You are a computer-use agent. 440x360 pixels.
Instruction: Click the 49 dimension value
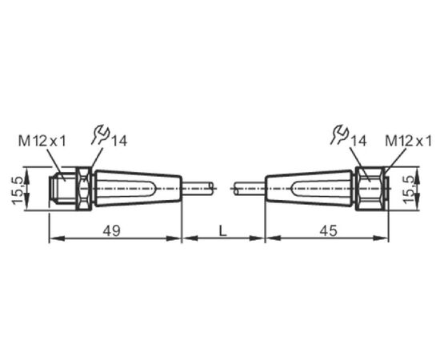click(111, 230)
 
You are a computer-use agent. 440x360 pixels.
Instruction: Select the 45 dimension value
click(328, 230)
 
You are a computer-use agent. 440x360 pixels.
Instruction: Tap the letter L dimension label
click(222, 230)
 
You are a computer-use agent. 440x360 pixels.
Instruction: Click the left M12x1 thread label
click(42, 141)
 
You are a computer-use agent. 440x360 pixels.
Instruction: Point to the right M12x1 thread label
click(408, 141)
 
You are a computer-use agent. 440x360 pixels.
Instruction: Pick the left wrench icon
click(100, 135)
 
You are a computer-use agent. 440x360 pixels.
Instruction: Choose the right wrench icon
click(339, 135)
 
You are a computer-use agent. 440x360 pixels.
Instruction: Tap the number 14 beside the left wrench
click(118, 141)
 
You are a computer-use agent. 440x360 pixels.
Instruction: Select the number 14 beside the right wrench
click(358, 141)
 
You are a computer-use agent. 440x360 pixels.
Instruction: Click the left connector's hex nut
click(84, 188)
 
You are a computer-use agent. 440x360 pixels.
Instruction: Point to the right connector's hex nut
click(370, 188)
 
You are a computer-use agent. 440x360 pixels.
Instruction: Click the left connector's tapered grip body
click(138, 188)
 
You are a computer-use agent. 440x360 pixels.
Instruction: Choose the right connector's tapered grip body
click(309, 188)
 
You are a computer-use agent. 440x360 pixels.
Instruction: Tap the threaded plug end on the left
click(62, 188)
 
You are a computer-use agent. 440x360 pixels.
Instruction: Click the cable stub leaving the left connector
click(198, 188)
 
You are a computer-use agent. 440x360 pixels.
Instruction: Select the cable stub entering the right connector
click(250, 188)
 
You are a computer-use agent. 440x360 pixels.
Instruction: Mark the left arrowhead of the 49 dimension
click(58, 238)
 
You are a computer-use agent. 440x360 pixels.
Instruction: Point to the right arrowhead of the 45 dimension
click(381, 238)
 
